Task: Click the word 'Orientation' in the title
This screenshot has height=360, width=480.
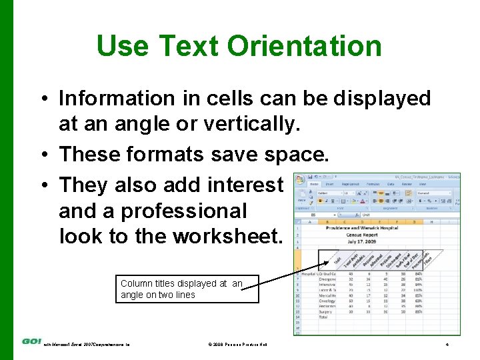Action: click(x=304, y=46)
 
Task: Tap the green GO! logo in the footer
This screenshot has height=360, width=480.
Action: click(x=31, y=341)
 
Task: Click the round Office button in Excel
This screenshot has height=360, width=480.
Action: click(x=299, y=180)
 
